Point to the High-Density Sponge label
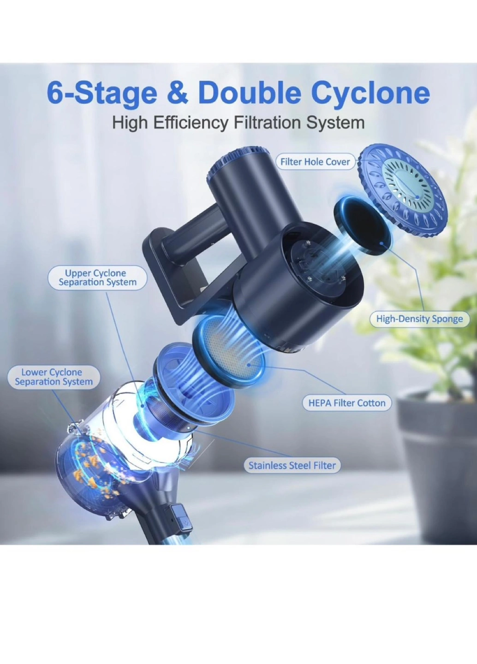pos(419,319)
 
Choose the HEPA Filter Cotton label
pos(346,403)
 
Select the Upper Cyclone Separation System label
pos(97,278)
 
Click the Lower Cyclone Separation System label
pos(54,377)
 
